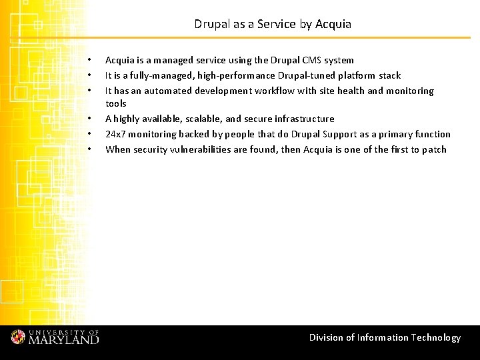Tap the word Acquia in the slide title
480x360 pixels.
pos(333,24)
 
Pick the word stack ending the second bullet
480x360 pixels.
pos(390,75)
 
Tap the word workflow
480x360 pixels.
pos(263,91)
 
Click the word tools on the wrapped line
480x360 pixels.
pos(116,103)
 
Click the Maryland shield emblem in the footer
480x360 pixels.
pos(18,337)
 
